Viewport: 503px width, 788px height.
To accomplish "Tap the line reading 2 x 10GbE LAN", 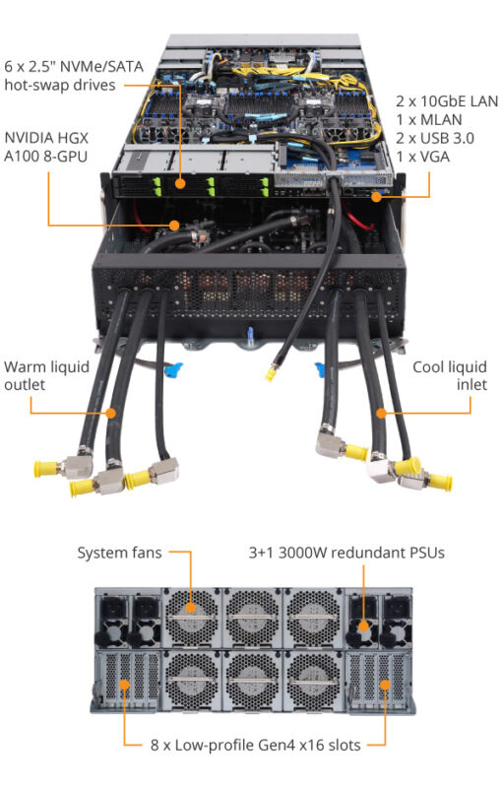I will coord(447,101).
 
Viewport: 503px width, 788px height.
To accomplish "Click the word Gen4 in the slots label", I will coord(264,744).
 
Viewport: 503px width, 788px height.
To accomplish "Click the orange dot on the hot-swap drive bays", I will coord(180,183).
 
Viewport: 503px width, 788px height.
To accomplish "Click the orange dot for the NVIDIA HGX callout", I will coord(174,226).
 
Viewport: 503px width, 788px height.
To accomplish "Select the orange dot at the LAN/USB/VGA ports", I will coord(374,197).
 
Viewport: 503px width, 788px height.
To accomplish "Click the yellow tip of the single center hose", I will coord(269,375).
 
